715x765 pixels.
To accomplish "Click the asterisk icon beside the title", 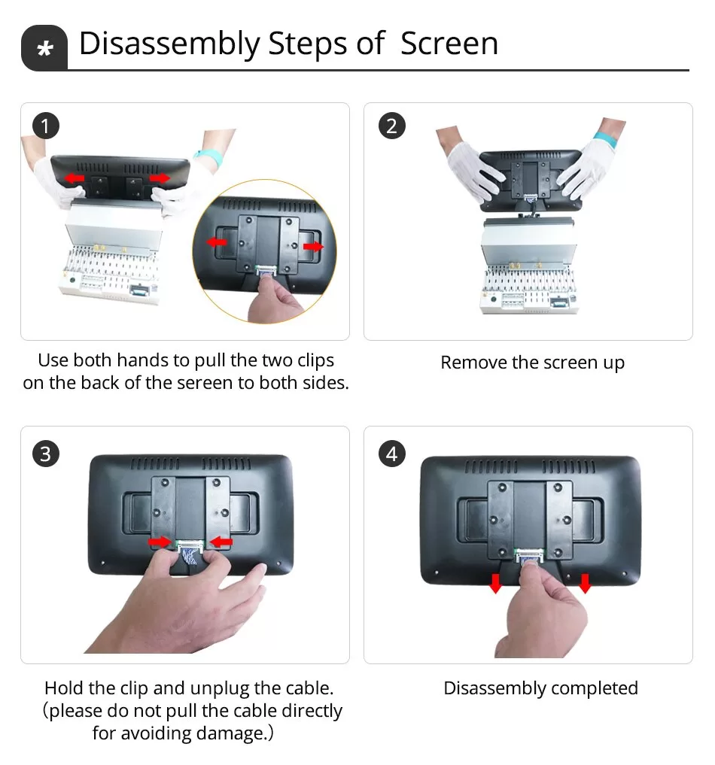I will pyautogui.click(x=44, y=49).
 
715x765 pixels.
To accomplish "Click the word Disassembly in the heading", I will pyautogui.click(x=168, y=44).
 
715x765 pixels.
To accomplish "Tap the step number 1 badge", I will pyautogui.click(x=45, y=126).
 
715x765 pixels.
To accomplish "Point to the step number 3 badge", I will pyautogui.click(x=45, y=454).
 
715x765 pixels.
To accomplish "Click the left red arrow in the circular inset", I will pyautogui.click(x=217, y=242).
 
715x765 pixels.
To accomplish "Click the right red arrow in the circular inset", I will pyautogui.click(x=314, y=246).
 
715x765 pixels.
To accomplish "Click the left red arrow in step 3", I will pyautogui.click(x=159, y=541).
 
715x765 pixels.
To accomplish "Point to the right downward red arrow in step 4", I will pyautogui.click(x=585, y=582).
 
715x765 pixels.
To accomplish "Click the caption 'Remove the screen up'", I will pyautogui.click(x=532, y=363).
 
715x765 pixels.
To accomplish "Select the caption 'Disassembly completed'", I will pyautogui.click(x=540, y=688).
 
